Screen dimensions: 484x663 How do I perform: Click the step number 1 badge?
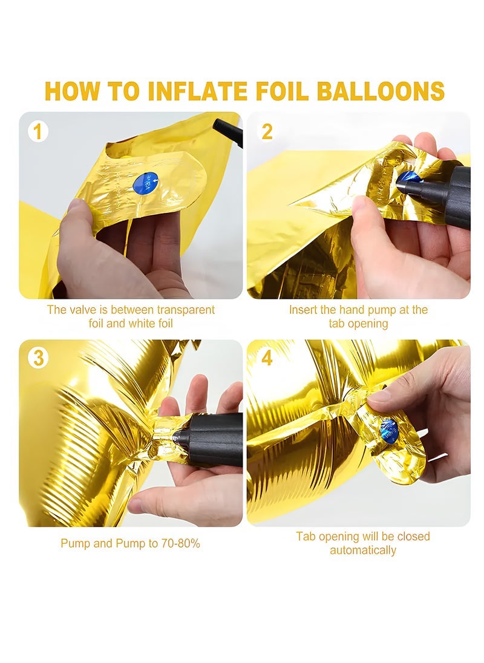pyautogui.click(x=38, y=131)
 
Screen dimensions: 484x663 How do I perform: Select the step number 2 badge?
pyautogui.click(x=267, y=131)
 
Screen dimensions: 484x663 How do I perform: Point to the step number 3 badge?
pyautogui.click(x=38, y=358)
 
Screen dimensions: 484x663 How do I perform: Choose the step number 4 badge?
pyautogui.click(x=267, y=358)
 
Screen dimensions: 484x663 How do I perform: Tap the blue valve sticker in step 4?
pyautogui.click(x=389, y=431)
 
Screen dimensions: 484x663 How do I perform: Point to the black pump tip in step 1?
pyautogui.click(x=228, y=131)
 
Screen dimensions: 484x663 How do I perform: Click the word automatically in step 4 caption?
pyautogui.click(x=363, y=550)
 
